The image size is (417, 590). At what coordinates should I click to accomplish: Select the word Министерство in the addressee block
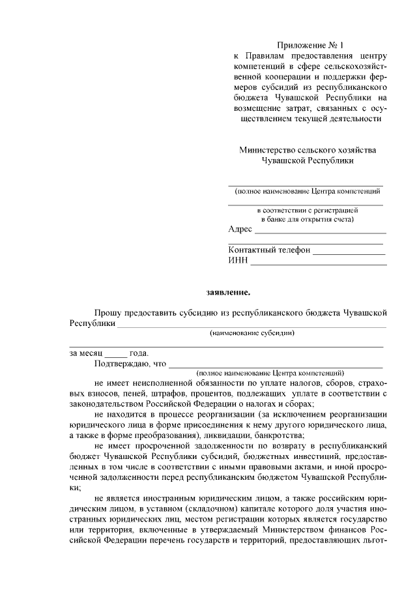(266, 149)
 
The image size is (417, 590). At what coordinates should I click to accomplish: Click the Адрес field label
(240, 229)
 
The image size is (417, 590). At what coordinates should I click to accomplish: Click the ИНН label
(238, 261)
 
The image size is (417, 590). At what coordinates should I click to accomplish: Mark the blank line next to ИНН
(319, 263)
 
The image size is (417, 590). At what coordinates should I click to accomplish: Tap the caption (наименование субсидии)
(252, 333)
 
